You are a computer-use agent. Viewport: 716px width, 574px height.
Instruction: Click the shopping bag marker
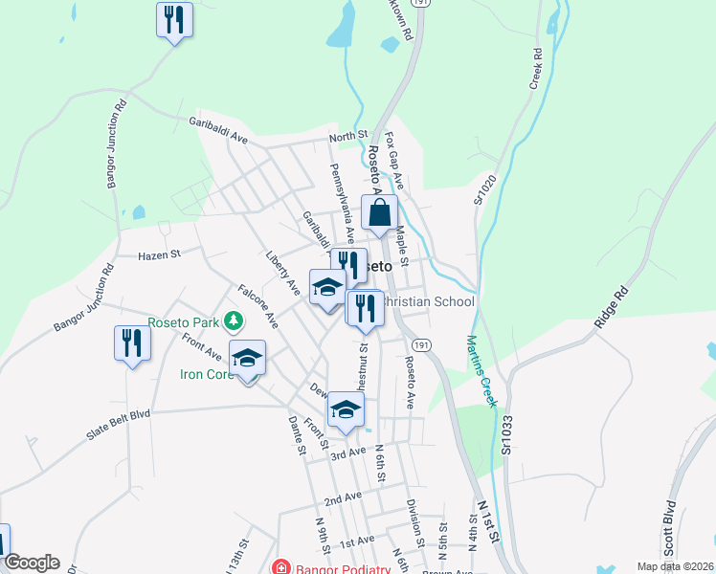(x=379, y=213)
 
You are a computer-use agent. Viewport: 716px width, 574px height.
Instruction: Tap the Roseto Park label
(x=183, y=322)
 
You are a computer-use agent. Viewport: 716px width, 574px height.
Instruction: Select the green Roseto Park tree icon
(x=231, y=320)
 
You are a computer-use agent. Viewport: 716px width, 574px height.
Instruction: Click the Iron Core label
(x=206, y=373)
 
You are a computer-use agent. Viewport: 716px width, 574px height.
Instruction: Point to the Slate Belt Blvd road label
(x=119, y=425)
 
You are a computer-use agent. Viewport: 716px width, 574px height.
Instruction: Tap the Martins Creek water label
(x=481, y=370)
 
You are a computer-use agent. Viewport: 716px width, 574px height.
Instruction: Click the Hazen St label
(x=159, y=254)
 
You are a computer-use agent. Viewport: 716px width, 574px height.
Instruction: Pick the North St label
(x=348, y=137)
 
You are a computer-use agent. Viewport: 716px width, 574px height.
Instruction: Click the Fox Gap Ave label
(x=394, y=162)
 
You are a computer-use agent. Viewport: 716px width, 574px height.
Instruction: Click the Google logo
(x=32, y=563)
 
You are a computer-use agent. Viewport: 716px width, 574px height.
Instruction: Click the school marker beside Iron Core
(x=247, y=359)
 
